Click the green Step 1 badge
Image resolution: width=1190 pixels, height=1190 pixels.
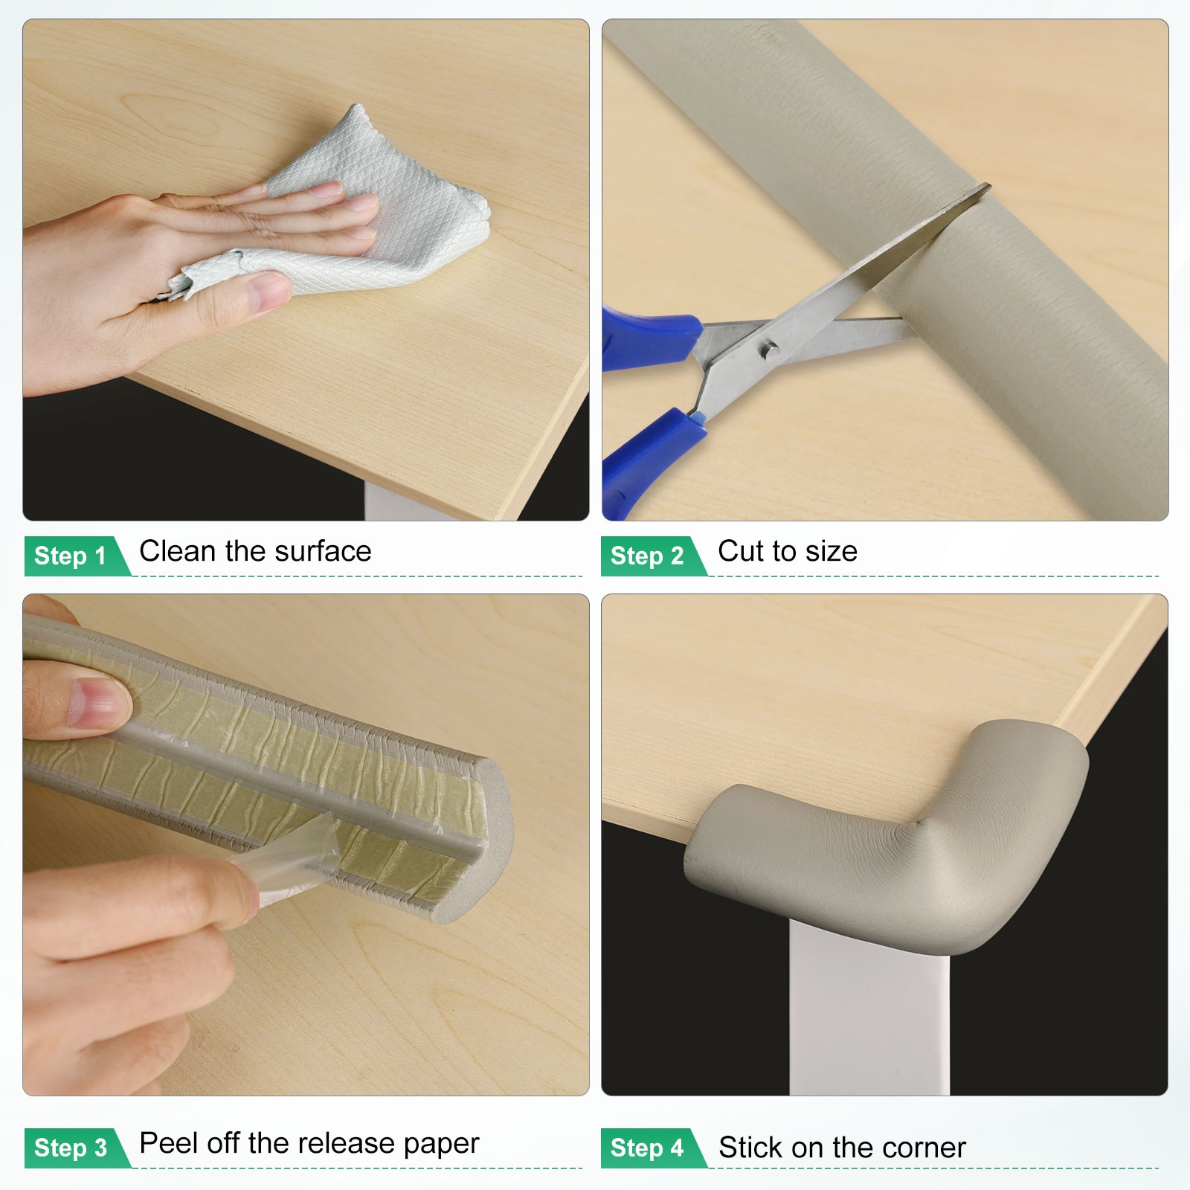pos(73,556)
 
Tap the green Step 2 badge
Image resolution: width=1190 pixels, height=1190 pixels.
pos(649,556)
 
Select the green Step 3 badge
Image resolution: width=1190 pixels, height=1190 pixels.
pos(73,1148)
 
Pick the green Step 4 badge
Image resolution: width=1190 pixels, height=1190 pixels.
pos(649,1148)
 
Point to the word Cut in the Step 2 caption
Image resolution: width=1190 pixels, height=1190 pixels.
pos(741,551)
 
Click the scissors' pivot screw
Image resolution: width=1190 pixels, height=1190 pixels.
pos(770,347)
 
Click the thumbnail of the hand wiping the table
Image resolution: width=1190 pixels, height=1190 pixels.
pos(306,270)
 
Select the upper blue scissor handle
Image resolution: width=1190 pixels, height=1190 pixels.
pos(651,338)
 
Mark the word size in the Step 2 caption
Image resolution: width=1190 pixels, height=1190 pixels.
pos(832,551)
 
